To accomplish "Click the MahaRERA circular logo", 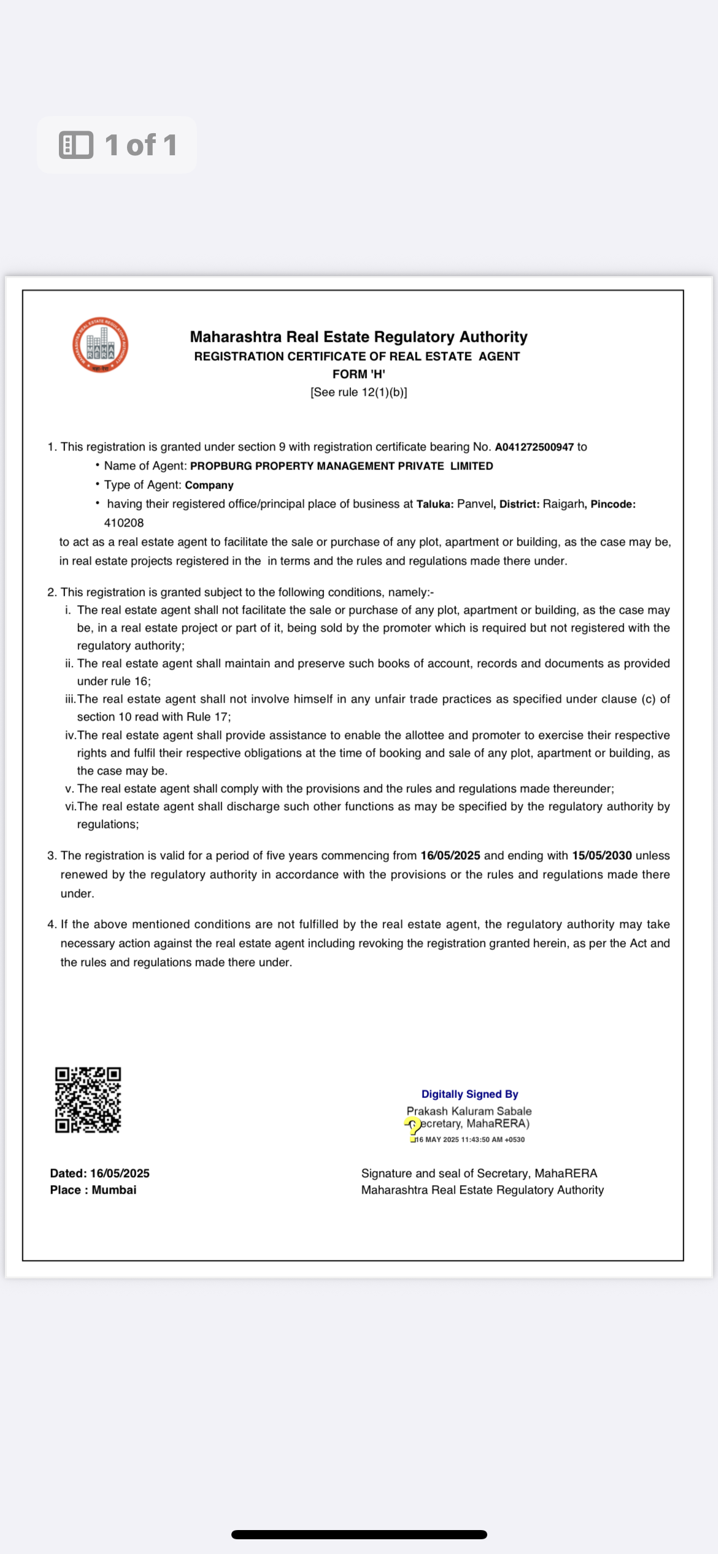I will pos(100,345).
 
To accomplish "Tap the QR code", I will pos(88,1100).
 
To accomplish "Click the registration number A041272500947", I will pos(534,447).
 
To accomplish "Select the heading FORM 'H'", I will pos(358,374).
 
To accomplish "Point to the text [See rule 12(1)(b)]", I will pos(358,392).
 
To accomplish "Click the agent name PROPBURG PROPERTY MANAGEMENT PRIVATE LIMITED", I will pos(341,466).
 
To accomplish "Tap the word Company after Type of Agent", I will pos(209,485).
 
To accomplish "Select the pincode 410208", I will pos(124,523).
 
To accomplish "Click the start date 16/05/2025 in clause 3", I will pos(450,856).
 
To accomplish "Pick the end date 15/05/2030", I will pos(601,856).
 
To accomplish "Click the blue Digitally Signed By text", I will pos(469,1094).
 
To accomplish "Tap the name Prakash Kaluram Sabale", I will pos(469,1111).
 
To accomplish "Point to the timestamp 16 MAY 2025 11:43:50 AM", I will pos(470,1140).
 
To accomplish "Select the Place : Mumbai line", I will pos(93,1190).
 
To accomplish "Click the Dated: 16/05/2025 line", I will pos(100,1173).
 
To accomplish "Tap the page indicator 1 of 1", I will pos(141,145).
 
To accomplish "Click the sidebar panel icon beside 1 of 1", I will pos(76,145).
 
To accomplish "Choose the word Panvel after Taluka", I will pos(475,504).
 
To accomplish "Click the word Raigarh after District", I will pos(563,504).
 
